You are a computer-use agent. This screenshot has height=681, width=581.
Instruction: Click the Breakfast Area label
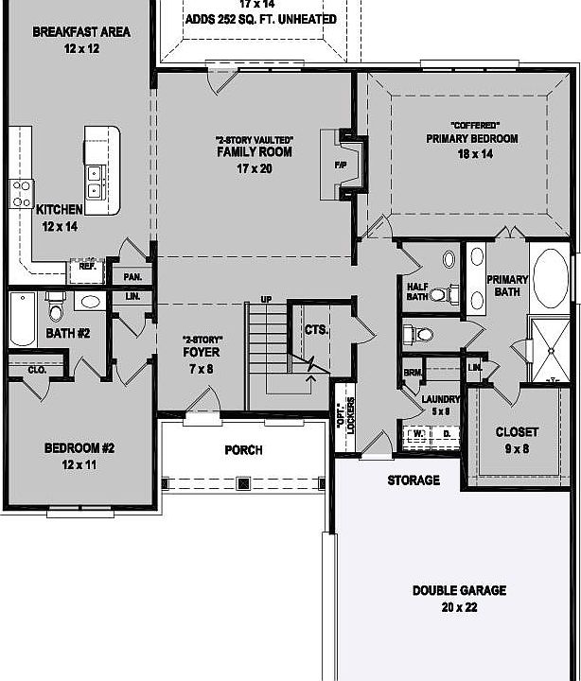(81, 32)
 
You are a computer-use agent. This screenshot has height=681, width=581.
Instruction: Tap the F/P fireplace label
(342, 163)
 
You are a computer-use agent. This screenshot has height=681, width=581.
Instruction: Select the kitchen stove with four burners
(21, 195)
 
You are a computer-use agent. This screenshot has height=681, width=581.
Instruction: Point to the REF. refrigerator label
(88, 266)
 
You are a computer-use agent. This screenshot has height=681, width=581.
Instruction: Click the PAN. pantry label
(132, 277)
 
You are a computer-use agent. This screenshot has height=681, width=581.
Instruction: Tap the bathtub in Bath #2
(22, 319)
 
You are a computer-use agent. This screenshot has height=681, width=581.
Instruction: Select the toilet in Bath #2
(56, 311)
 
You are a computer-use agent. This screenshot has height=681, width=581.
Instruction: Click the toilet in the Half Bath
(440, 294)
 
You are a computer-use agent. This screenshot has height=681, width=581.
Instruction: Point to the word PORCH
(243, 450)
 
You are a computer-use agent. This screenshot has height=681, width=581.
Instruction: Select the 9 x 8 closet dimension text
(518, 448)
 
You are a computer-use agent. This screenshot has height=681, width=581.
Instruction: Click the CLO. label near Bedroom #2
(37, 370)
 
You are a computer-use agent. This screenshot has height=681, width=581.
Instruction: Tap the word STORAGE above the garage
(414, 480)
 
